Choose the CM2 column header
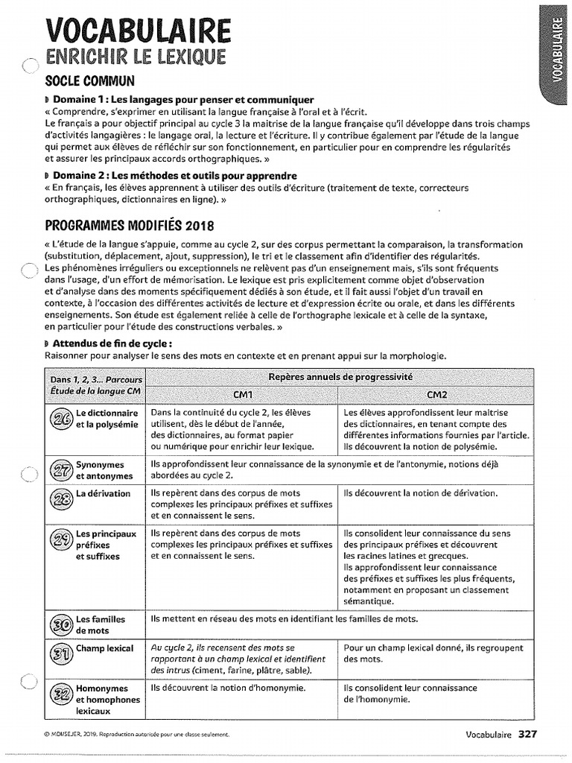(x=436, y=393)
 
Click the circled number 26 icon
(x=60, y=419)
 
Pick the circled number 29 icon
(x=60, y=540)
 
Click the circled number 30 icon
(x=60, y=624)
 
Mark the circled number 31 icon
(x=60, y=653)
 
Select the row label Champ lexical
(x=104, y=648)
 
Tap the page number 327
(x=527, y=734)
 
